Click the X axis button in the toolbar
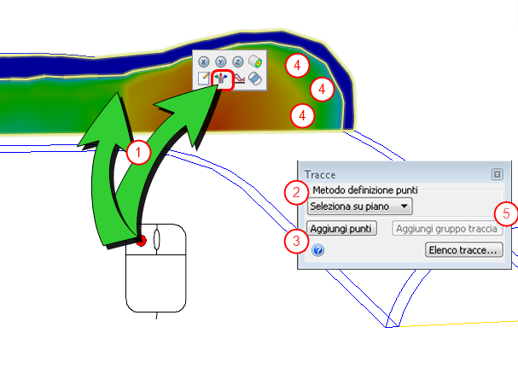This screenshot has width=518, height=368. (x=205, y=62)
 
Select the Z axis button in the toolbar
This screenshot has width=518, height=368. (x=237, y=62)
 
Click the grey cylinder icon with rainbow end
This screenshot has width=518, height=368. (x=254, y=62)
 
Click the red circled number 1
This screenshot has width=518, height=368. (x=138, y=153)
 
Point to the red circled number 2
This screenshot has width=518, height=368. (x=295, y=191)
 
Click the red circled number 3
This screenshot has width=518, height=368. (x=295, y=241)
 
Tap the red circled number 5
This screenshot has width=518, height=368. (x=506, y=212)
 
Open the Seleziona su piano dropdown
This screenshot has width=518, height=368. (x=359, y=207)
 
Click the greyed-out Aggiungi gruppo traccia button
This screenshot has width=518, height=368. (x=447, y=229)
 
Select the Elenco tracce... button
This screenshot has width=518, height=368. (x=463, y=250)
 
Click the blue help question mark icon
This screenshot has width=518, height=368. (x=317, y=251)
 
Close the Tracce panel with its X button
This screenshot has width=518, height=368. (x=497, y=175)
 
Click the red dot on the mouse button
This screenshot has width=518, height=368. (x=142, y=241)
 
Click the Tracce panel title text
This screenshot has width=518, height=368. (x=320, y=175)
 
